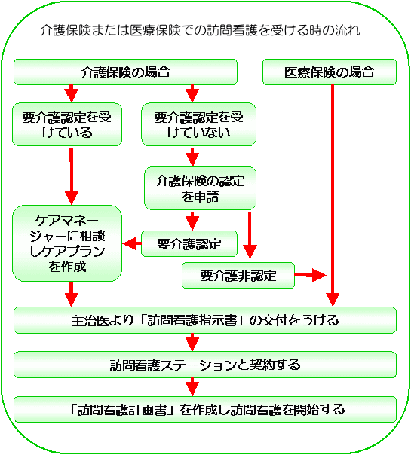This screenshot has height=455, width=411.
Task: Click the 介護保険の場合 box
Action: (125, 72)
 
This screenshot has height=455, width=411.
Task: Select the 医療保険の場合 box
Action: (330, 72)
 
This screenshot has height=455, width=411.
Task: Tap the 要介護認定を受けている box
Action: (67, 124)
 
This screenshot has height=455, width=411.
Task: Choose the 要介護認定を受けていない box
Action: (198, 124)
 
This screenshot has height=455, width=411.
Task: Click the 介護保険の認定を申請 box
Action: (200, 188)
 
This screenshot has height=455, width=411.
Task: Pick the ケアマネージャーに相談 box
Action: (67, 243)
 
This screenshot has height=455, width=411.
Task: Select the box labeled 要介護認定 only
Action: (189, 244)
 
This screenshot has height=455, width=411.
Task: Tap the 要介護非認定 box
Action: (238, 276)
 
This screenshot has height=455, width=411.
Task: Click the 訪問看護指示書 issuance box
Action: (205, 320)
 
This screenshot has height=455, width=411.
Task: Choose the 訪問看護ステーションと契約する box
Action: (205, 365)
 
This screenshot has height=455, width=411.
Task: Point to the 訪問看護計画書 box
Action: (205, 410)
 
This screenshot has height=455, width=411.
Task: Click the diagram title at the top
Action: (200, 30)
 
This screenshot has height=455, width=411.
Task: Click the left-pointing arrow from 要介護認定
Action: (132, 243)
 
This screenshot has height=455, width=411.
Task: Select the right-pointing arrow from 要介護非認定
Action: (311, 275)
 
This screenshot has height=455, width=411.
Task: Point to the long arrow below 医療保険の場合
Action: (333, 196)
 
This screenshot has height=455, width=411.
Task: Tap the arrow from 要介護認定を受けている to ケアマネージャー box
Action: (72, 176)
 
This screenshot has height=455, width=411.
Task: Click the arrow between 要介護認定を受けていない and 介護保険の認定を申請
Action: (192, 157)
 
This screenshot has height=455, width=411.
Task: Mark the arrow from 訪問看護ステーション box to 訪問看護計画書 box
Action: (192, 387)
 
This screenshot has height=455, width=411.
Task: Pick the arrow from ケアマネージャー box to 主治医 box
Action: (72, 295)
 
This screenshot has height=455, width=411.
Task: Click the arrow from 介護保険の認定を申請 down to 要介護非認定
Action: (250, 235)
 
